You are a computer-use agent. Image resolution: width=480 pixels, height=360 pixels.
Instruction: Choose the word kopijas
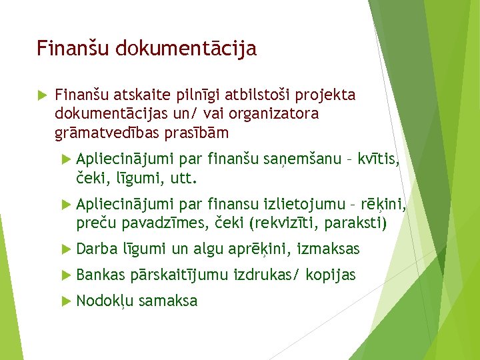point(331,274)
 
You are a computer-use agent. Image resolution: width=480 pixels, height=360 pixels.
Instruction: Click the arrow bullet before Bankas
point(65,274)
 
